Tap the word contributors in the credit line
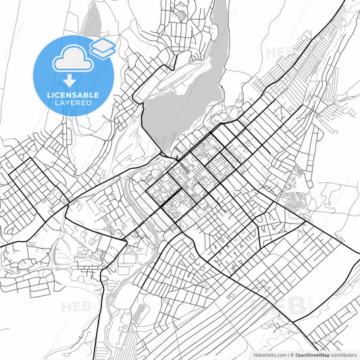pos(342,354)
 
